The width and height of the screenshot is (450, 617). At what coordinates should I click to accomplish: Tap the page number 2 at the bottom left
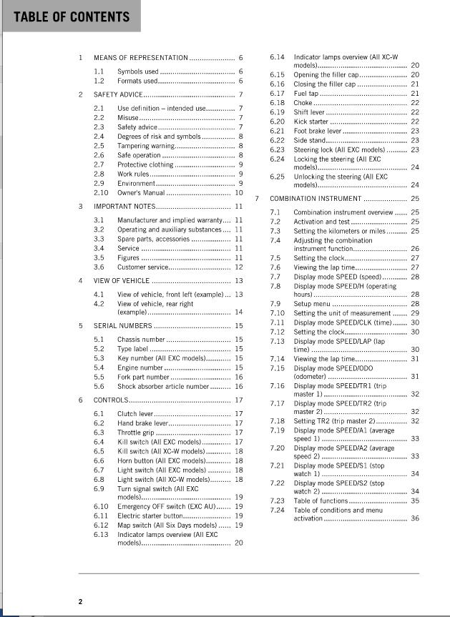point(81,601)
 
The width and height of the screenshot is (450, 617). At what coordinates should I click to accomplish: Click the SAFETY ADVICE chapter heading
point(118,94)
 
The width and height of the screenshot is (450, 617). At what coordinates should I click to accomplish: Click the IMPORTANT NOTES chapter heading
point(123,207)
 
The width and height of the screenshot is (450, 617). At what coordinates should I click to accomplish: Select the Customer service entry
point(144,267)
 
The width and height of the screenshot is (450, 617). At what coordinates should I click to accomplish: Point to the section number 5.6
point(99,386)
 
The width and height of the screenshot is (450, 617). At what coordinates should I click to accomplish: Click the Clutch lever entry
point(135,414)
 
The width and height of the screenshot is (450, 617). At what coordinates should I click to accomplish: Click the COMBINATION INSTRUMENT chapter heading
point(315,198)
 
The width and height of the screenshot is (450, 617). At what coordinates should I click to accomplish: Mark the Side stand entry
point(309,141)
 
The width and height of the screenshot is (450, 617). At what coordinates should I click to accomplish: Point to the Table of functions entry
point(321,500)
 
